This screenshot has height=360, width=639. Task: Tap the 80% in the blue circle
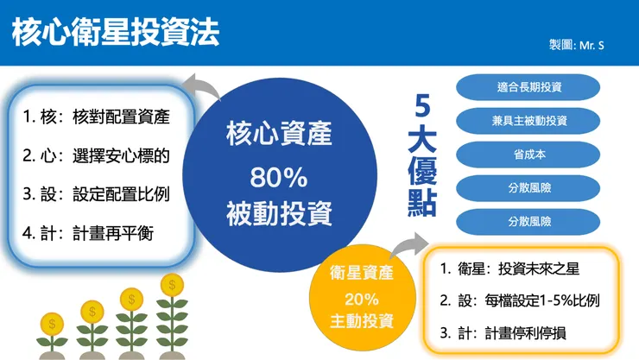pos(279,177)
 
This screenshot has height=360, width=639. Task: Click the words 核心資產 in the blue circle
pos(279,136)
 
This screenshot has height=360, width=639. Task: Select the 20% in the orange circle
pos(362,298)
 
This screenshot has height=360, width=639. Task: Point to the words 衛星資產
pos(362,274)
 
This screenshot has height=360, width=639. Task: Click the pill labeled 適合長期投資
pos(528,87)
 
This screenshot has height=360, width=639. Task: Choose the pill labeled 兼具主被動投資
pos(528,120)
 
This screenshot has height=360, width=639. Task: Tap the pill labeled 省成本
pos(528,153)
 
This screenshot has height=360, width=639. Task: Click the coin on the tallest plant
pos(172,284)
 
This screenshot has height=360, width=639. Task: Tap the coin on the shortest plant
pos(53,323)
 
